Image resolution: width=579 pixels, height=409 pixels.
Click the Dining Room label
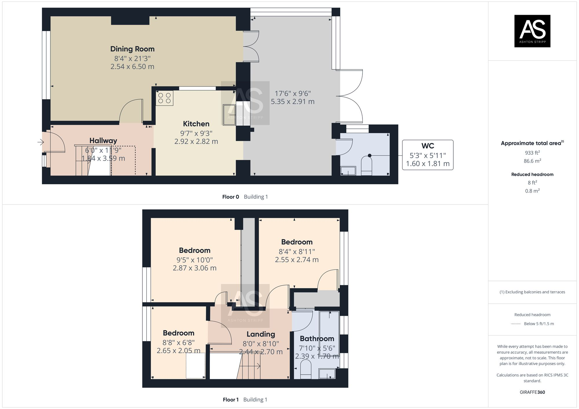point(132,49)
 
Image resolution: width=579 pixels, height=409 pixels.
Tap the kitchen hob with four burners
point(164,98)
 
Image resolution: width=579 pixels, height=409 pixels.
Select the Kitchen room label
point(196,124)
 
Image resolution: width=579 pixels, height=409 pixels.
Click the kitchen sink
point(229,115)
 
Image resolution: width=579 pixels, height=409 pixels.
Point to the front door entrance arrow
point(41,142)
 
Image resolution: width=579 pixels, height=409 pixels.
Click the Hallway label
point(103,141)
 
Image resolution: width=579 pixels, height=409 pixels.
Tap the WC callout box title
point(428,146)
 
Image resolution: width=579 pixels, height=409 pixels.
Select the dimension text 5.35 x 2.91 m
point(292,102)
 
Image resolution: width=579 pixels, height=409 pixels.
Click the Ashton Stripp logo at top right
point(532,31)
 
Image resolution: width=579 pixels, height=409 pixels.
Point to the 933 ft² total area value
point(532,153)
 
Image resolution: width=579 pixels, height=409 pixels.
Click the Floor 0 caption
point(230,197)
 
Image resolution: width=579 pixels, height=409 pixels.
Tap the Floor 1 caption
point(230,400)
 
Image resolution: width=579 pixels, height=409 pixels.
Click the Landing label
point(261,334)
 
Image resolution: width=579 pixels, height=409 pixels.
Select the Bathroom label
point(317,338)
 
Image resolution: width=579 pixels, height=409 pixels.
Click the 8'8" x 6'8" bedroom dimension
point(178,342)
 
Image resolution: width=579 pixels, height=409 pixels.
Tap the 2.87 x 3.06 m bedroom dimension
point(195,268)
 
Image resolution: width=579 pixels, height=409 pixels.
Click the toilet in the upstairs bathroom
point(306,370)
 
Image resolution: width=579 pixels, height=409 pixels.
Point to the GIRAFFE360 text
point(532,392)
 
